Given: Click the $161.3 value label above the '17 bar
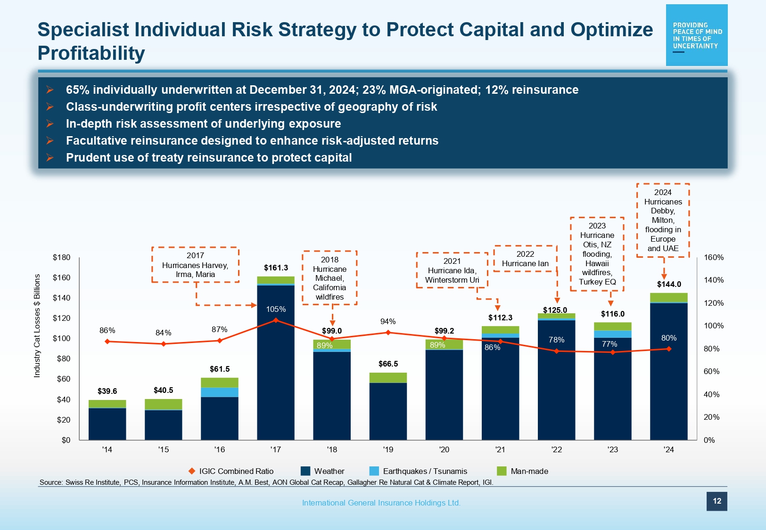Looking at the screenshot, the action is [276, 268].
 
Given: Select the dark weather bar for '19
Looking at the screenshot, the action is [388, 411].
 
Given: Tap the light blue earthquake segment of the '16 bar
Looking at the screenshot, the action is [220, 392].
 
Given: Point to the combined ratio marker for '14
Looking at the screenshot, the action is [107, 342].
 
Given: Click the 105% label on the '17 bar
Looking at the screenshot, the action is [276, 309].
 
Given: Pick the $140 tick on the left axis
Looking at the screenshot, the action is [62, 298].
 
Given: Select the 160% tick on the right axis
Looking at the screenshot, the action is [714, 257].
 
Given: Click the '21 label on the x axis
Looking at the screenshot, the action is [500, 450].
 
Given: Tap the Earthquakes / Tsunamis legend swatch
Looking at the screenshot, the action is [374, 471].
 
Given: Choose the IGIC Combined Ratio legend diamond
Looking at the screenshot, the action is [192, 471].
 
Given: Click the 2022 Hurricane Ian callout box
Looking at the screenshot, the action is [525, 259].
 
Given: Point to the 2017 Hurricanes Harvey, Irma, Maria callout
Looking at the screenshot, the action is [195, 265].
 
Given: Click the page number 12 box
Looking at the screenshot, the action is [717, 501].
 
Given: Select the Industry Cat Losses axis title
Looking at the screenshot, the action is [37, 326].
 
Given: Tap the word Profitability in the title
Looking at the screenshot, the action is [91, 53].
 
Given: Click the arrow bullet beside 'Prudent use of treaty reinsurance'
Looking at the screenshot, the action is [50, 157].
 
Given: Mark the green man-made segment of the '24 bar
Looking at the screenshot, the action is [668, 297].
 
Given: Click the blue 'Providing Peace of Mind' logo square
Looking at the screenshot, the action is [697, 35].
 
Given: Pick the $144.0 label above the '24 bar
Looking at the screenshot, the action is [669, 284].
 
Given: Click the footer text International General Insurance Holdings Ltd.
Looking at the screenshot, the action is [381, 503].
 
